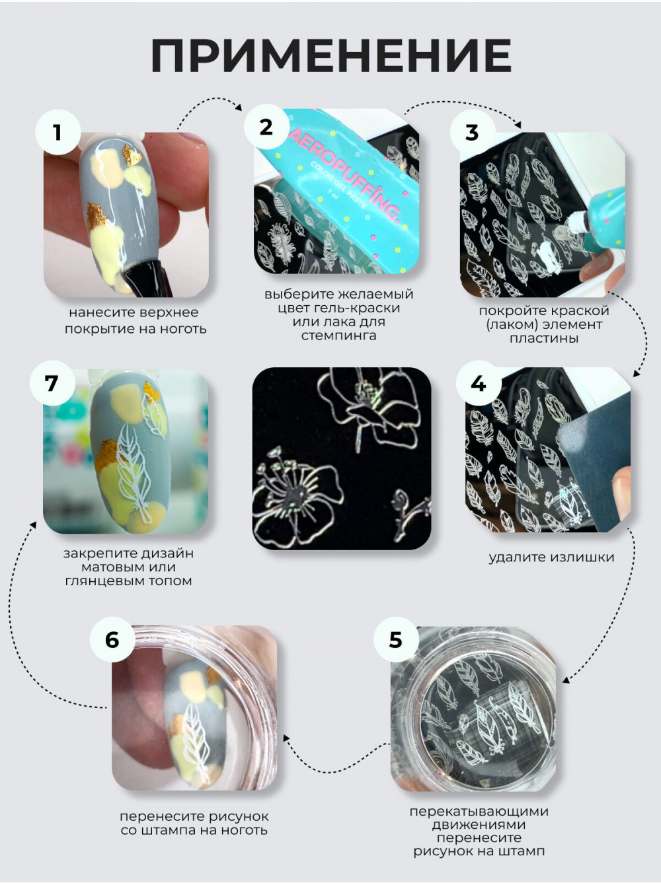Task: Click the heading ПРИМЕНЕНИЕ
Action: click(x=331, y=55)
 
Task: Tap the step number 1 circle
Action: click(x=58, y=132)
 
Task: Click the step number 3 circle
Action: click(x=473, y=132)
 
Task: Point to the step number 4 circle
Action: click(x=479, y=383)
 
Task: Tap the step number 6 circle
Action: click(x=112, y=639)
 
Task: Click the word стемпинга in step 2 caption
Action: click(x=338, y=336)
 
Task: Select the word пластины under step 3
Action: click(x=543, y=338)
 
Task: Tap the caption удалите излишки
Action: click(x=551, y=557)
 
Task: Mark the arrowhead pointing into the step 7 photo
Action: click(x=34, y=525)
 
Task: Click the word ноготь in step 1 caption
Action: click(x=184, y=329)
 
